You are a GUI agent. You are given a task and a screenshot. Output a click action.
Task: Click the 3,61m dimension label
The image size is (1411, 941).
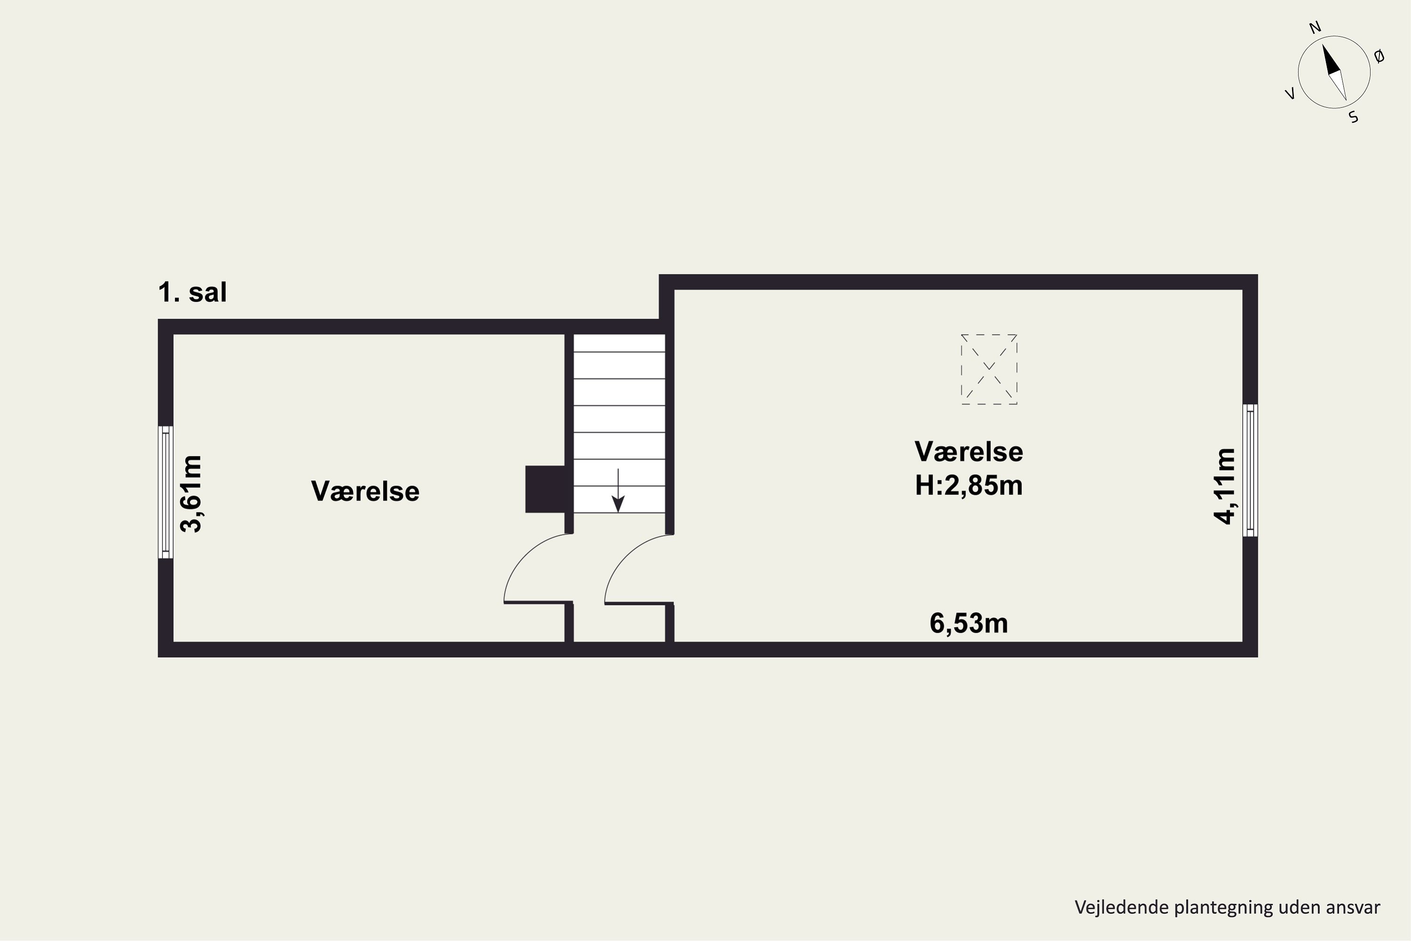[x=192, y=494]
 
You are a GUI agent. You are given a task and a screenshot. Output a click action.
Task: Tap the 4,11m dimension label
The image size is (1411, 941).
[x=1224, y=486]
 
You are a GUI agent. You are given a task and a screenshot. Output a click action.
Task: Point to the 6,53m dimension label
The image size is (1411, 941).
[x=969, y=623]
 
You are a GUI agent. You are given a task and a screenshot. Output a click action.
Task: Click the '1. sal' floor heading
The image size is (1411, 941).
[x=192, y=292]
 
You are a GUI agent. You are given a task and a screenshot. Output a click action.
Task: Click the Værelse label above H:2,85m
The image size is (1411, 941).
[x=969, y=451]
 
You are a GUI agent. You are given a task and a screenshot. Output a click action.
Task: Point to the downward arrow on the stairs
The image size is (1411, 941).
[x=618, y=490]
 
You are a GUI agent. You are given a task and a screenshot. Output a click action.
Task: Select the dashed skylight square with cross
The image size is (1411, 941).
[x=989, y=369]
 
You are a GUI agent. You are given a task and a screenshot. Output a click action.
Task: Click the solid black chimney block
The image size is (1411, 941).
[x=545, y=489]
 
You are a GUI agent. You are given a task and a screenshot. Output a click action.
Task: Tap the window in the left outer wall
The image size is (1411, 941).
[x=166, y=492]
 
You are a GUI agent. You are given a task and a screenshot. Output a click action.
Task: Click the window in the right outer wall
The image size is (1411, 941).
[x=1250, y=470]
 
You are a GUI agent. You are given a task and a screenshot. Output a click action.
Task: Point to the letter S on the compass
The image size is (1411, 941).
[x=1354, y=117]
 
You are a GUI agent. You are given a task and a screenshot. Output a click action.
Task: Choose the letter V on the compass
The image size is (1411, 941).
[x=1290, y=94]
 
